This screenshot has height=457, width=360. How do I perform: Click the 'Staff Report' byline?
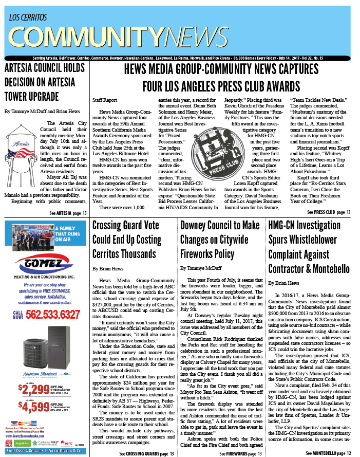[x=91, y=98]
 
